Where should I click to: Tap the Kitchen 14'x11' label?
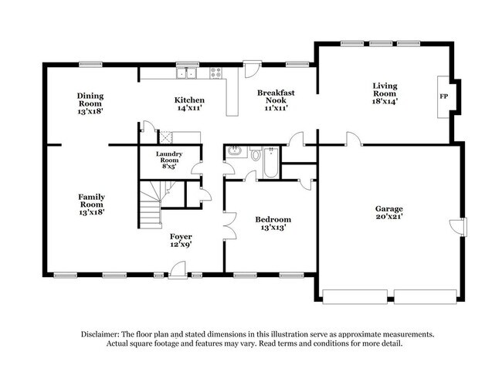[x=189, y=104]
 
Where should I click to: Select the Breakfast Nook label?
[x=276, y=100]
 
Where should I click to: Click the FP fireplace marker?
[x=443, y=97]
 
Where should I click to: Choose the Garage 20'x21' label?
[x=389, y=213]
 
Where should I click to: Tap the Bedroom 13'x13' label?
[x=273, y=224]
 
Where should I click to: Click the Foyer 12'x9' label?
[x=181, y=240]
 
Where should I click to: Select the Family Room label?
[x=90, y=204]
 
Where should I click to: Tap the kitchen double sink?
[x=185, y=74]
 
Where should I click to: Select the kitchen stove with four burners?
[x=214, y=74]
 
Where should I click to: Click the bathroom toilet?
[x=256, y=154]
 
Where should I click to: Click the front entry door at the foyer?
[x=178, y=269]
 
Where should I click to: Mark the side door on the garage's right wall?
[x=461, y=228]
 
